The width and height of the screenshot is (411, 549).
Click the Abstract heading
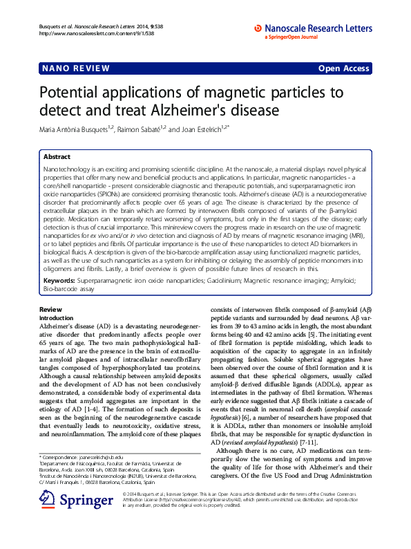[x=57, y=157]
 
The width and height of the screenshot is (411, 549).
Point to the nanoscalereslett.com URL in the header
[x=85, y=33]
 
